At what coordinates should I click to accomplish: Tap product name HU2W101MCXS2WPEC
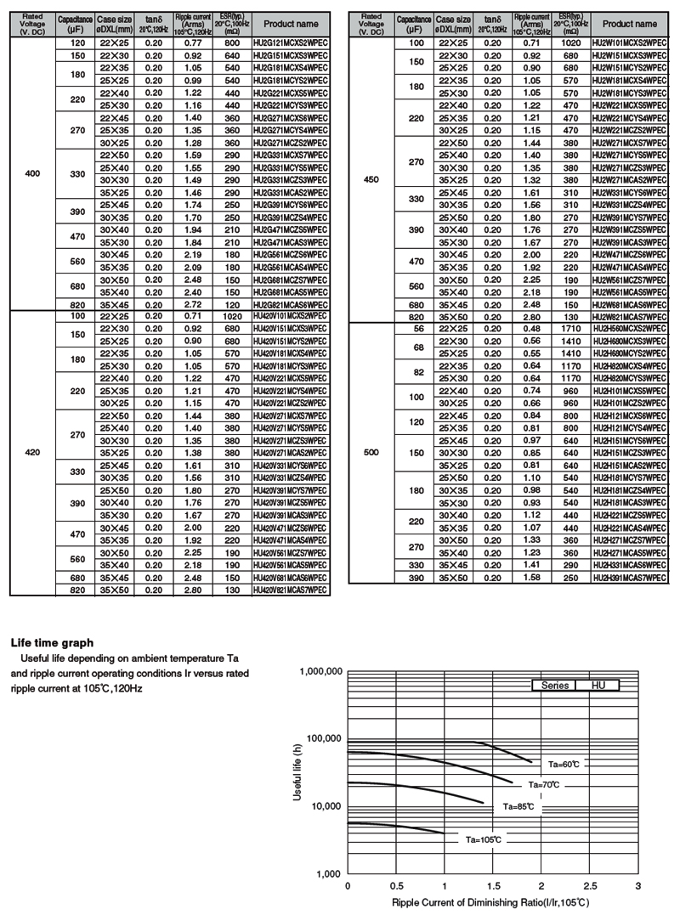[x=629, y=42]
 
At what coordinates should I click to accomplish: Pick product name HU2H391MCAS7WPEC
[x=629, y=578]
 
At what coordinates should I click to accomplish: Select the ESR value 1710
[x=571, y=328]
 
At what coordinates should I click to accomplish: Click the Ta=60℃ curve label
[x=563, y=765]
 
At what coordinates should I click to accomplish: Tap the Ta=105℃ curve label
[x=483, y=839]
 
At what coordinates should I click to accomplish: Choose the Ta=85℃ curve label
[x=518, y=805]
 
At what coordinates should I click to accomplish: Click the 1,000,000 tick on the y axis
[x=320, y=672]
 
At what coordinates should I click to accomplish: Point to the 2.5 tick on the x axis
[x=590, y=885]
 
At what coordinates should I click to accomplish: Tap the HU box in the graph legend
[x=599, y=685]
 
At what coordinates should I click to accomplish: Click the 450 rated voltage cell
[x=371, y=179]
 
